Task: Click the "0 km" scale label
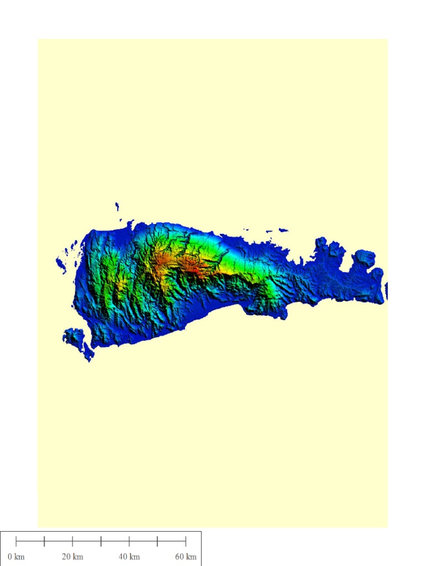point(16,557)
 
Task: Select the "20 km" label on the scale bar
point(72,557)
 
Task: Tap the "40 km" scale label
point(129,557)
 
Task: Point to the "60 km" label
point(186,557)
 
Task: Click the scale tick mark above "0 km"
point(16,541)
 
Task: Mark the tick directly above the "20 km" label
point(72,541)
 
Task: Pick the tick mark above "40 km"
point(129,541)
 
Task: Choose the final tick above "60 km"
point(185,541)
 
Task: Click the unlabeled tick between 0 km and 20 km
point(44,541)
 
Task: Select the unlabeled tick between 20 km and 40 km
point(101,541)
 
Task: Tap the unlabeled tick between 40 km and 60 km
point(157,541)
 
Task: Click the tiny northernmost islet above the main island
point(117,206)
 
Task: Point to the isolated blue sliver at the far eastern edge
point(386,291)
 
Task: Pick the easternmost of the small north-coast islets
point(283,230)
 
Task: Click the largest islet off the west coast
point(61,265)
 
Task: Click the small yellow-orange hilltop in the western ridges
point(121,282)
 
